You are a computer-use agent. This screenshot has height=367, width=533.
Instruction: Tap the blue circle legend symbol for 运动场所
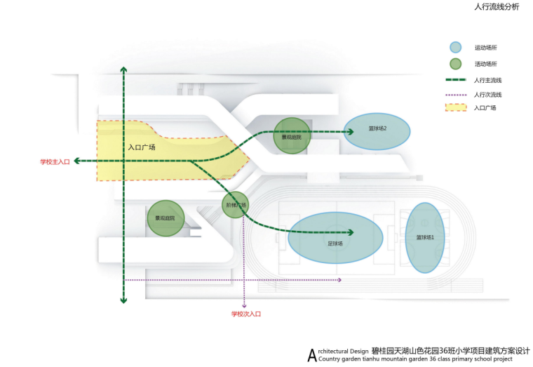pyautogui.click(x=456, y=48)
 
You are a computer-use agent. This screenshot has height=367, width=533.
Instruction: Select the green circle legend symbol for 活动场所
pyautogui.click(x=456, y=64)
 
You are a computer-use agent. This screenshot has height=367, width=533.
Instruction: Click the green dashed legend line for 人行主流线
pyautogui.click(x=456, y=80)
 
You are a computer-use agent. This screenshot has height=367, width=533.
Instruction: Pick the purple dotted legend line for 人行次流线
pyautogui.click(x=456, y=94)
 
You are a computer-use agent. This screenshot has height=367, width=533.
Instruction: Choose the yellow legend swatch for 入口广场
pyautogui.click(x=456, y=108)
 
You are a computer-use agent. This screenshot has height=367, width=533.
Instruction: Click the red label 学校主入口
pyautogui.click(x=55, y=162)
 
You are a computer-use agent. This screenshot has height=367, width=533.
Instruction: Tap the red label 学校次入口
pyautogui.click(x=245, y=314)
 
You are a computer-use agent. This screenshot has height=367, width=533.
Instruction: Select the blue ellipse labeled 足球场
pyautogui.click(x=335, y=243)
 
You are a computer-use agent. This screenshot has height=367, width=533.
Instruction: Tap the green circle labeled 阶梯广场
pyautogui.click(x=236, y=205)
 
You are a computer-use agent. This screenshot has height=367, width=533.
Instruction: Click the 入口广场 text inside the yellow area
pyautogui.click(x=142, y=147)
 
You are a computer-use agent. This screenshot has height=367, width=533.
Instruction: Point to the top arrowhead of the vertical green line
pyautogui.click(x=123, y=69)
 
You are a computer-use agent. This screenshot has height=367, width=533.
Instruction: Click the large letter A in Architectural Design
pyautogui.click(x=312, y=355)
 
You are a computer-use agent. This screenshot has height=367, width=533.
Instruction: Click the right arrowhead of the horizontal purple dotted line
pyautogui.click(x=339, y=280)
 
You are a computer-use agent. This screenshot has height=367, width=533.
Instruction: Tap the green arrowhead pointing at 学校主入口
pyautogui.click(x=77, y=161)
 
